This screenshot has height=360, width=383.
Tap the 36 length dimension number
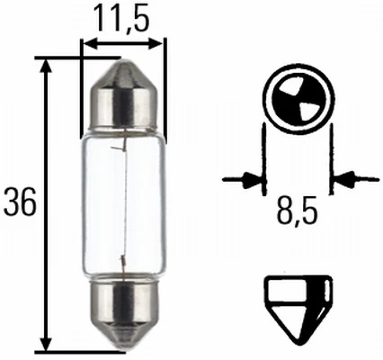pyautogui.click(x=19, y=204)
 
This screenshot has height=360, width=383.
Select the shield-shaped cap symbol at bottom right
pyautogui.click(x=298, y=305)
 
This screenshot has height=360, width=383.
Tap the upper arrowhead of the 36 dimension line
pyautogui.click(x=46, y=65)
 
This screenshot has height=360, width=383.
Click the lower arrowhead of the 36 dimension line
pyautogui.click(x=46, y=344)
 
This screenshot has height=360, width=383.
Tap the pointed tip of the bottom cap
pyautogui.click(x=124, y=347)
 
